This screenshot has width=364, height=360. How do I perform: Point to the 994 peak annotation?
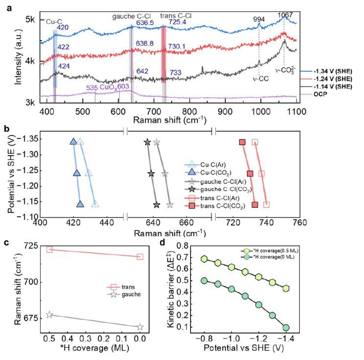coord(259,19)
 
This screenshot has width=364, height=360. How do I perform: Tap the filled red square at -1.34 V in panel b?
coord(242,142)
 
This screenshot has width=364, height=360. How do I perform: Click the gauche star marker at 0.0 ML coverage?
coord(140,327)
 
